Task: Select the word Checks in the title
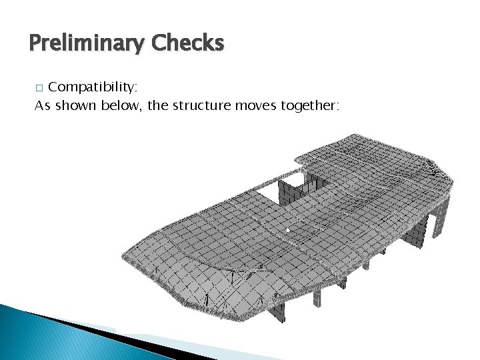[x=187, y=43]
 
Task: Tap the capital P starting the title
[x=36, y=43]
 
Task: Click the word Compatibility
[x=93, y=87]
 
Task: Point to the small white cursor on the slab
[x=288, y=231]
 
